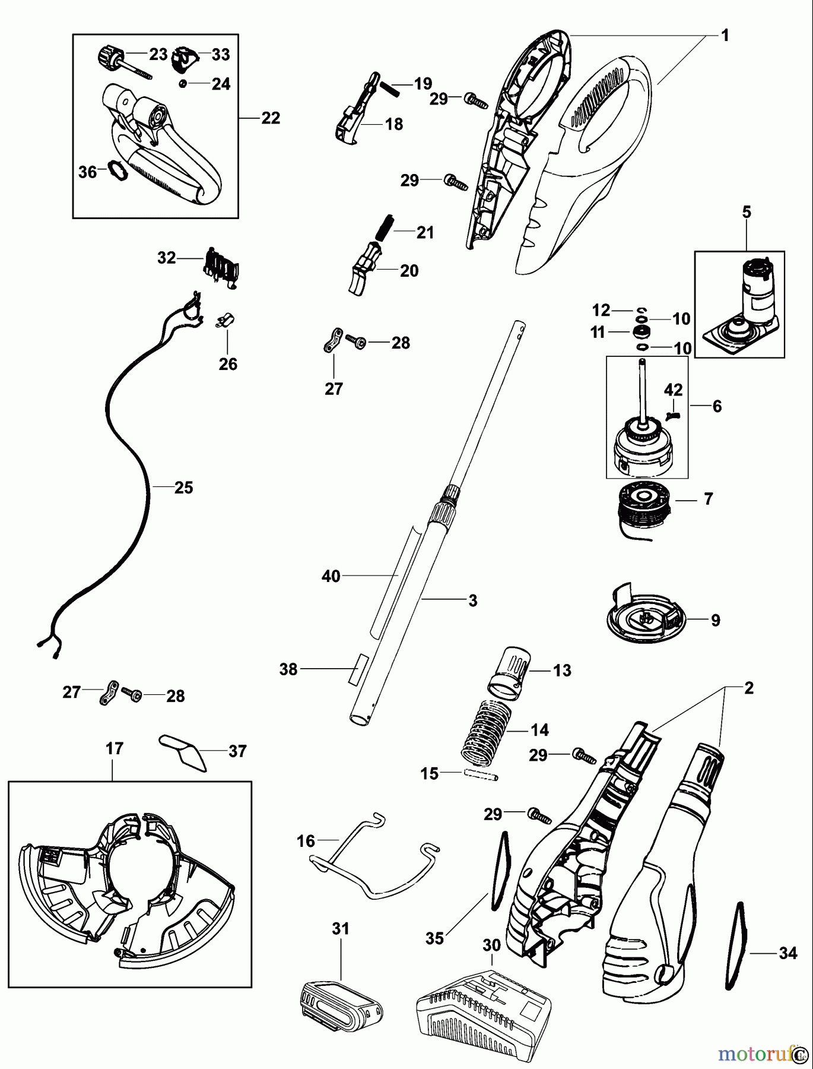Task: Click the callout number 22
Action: (271, 118)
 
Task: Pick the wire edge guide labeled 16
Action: (374, 859)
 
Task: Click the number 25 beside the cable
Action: (183, 488)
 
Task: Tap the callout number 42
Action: (673, 390)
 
